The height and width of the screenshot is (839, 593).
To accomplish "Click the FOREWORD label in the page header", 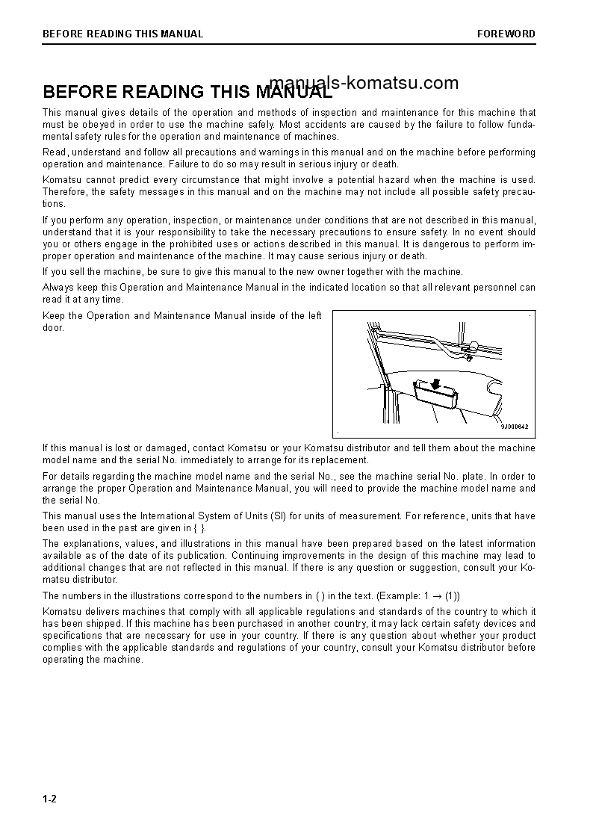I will [506, 34].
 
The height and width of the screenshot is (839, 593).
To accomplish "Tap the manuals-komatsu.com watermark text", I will [363, 83].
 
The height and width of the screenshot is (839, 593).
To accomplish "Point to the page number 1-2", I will [49, 799].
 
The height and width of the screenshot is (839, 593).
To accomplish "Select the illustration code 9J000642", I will [514, 427].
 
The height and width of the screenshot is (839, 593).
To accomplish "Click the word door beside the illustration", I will [54, 328].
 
